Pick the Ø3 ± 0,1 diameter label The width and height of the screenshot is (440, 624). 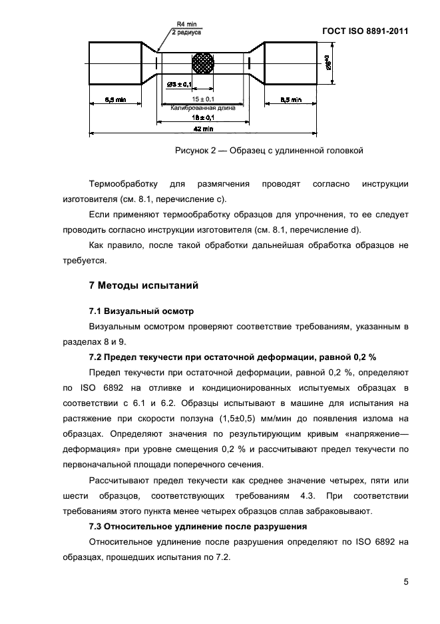(x=178, y=85)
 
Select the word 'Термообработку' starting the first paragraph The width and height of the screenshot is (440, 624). (x=122, y=184)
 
